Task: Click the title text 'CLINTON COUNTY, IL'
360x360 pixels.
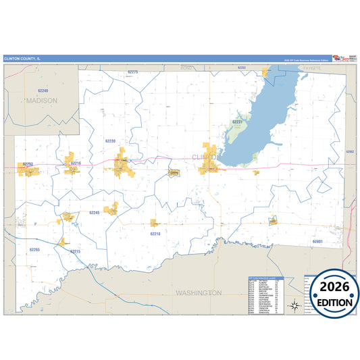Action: pos(22,58)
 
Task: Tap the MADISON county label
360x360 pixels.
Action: pos(42,100)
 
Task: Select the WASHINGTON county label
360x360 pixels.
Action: pos(198,292)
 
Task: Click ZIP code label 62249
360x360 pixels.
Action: pos(43,90)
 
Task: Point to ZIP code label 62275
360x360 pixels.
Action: pos(132,72)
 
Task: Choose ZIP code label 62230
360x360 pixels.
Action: pos(111,140)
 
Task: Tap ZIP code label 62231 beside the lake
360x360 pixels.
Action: pos(237,122)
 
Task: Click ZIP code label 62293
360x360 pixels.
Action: pos(28,163)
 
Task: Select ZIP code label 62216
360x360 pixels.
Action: pos(76,163)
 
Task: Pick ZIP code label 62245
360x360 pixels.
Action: pos(95,212)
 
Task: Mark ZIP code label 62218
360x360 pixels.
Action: pos(155,233)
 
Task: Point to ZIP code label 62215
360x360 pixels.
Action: pos(75,251)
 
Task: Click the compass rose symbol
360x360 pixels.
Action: pos(295,305)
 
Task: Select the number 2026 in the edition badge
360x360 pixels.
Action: pos(331,286)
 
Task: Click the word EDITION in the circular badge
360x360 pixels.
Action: pos(331,302)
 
